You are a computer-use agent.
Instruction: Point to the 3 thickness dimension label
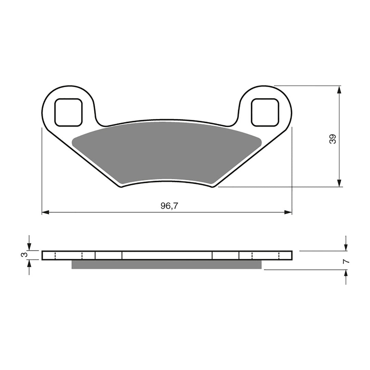[x=23, y=255]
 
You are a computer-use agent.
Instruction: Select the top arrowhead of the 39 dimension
[x=339, y=90]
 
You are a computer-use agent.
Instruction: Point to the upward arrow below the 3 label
[x=29, y=264]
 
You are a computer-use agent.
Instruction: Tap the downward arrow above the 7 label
[x=346, y=247]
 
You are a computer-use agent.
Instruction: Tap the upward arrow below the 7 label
[x=346, y=274]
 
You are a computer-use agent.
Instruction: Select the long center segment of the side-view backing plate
[x=167, y=255]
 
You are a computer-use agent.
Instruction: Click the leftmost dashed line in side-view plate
[x=55, y=255]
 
